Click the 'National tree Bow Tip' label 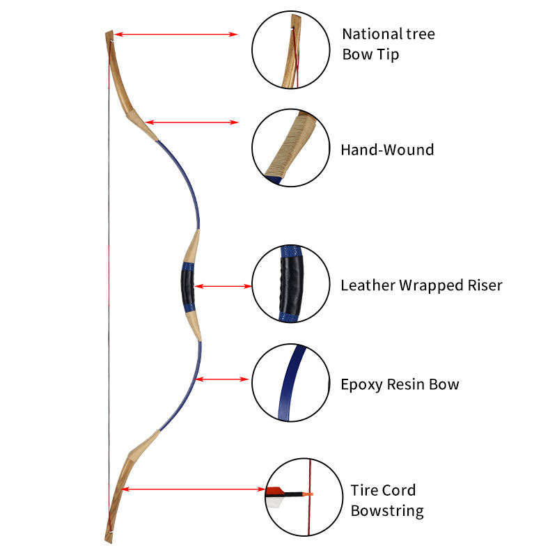388,44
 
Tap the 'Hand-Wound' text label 387,150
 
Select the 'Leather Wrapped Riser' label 421,285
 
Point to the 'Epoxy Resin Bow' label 400,384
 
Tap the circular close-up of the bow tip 290,52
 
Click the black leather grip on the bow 186,286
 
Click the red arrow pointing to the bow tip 177,33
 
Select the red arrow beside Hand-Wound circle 191,123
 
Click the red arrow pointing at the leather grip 223,285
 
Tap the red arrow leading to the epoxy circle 223,379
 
